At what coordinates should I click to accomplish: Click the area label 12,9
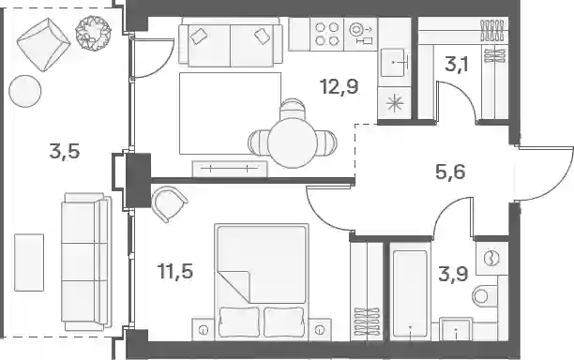(339, 87)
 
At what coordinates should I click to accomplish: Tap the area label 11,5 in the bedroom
(175, 271)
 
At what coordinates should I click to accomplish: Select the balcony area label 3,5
(65, 151)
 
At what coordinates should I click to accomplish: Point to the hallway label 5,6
(450, 172)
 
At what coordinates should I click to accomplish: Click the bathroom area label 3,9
(453, 274)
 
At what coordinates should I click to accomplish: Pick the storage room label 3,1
(457, 65)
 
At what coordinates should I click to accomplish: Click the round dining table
(292, 142)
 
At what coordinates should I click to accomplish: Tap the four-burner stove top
(326, 34)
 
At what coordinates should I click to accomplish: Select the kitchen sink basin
(394, 63)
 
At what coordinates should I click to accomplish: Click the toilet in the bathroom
(486, 295)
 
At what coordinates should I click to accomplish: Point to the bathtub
(410, 293)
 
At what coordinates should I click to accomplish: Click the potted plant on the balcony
(93, 33)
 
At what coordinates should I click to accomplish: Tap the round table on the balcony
(25, 91)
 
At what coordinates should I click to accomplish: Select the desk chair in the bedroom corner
(169, 203)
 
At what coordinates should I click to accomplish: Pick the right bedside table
(320, 330)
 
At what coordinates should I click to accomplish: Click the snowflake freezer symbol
(396, 103)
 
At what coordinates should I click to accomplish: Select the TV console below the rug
(230, 169)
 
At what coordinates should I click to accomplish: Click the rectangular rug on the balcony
(29, 262)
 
